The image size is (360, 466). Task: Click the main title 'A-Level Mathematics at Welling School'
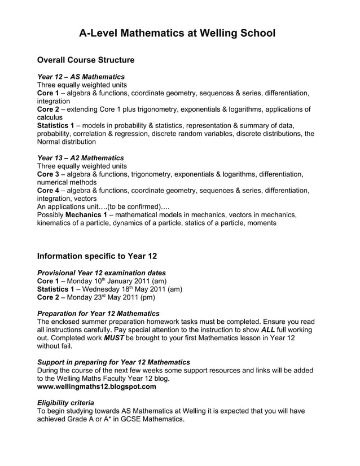pos(177,34)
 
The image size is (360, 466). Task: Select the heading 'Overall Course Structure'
pos(86,60)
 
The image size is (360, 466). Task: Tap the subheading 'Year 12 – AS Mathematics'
pos(81,76)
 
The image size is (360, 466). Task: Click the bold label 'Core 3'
pos(48,174)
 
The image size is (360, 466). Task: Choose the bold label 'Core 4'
pos(48,191)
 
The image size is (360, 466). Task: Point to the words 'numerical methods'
pos(67,183)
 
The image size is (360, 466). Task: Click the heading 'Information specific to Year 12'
pos(96,256)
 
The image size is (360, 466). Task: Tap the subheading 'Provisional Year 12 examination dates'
pos(101,272)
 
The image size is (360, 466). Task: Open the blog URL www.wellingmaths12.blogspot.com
pos(96,387)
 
